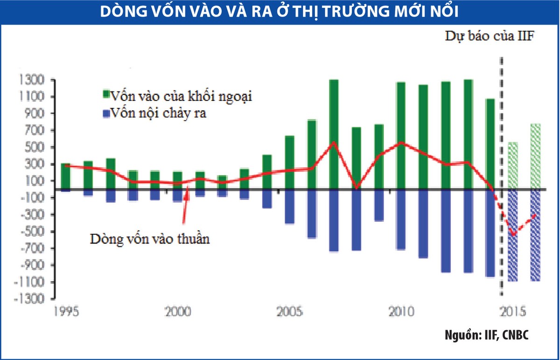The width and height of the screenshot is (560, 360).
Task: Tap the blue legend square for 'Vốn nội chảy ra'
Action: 105,113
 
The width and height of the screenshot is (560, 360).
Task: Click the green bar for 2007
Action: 334,134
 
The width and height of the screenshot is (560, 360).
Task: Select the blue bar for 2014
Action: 490,233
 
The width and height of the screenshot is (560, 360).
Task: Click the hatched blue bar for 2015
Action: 513,235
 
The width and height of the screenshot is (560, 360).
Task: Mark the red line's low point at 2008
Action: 357,188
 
